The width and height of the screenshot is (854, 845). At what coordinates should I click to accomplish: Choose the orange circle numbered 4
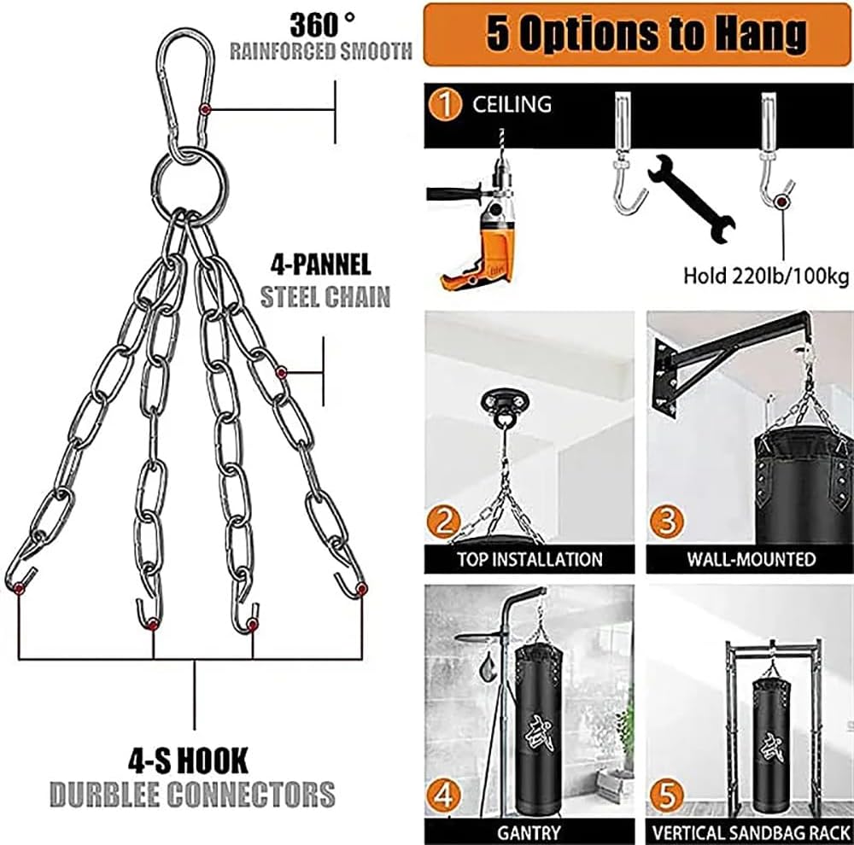pyautogui.click(x=445, y=797)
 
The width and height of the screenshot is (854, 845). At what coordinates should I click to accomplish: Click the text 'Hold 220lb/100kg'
pyautogui.click(x=765, y=277)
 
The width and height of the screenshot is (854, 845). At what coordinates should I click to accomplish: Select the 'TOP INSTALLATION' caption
pyautogui.click(x=529, y=560)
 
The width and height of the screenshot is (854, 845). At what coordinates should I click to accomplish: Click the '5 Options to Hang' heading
pyautogui.click(x=646, y=33)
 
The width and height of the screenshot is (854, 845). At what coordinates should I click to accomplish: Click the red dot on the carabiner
pyautogui.click(x=206, y=109)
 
